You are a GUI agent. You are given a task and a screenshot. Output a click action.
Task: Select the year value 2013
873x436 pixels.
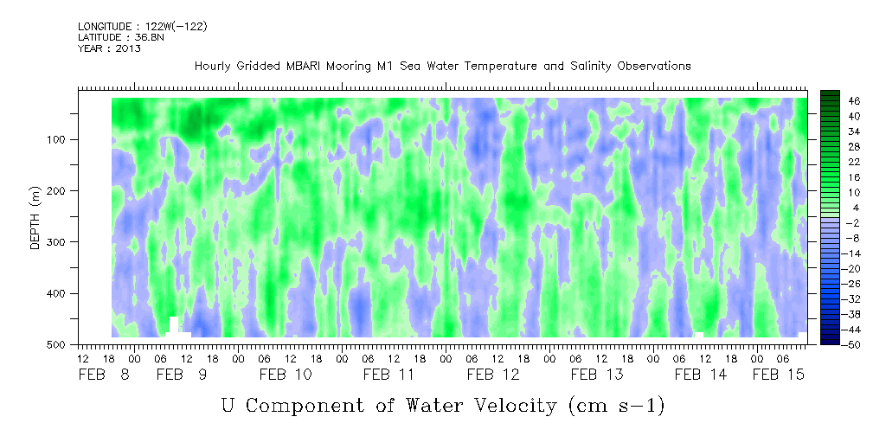(129, 48)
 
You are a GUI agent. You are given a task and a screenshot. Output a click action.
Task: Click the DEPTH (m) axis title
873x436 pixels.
(35, 218)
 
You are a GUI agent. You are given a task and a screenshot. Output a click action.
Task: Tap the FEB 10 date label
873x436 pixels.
(286, 375)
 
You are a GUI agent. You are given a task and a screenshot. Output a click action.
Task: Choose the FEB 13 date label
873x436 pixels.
(597, 375)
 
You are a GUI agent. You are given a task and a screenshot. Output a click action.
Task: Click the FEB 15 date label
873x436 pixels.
(779, 375)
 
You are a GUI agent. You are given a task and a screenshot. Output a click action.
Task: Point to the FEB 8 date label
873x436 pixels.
(104, 375)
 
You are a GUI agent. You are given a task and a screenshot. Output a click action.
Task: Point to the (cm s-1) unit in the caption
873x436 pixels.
(616, 406)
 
